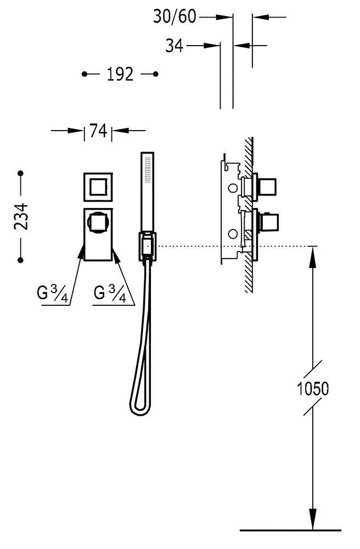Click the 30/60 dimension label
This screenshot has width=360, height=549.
click(x=175, y=16)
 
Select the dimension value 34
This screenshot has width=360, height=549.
click(x=174, y=46)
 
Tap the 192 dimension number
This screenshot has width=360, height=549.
click(x=120, y=74)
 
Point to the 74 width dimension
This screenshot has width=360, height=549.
click(x=98, y=131)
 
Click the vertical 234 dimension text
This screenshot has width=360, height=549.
click(x=21, y=216)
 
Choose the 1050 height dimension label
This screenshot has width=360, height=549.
click(x=313, y=389)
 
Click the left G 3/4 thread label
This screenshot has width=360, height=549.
click(x=53, y=293)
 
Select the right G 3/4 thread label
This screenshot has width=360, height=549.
click(x=110, y=293)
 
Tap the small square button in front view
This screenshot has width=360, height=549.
click(x=98, y=187)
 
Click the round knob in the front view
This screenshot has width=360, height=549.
click(x=98, y=223)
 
